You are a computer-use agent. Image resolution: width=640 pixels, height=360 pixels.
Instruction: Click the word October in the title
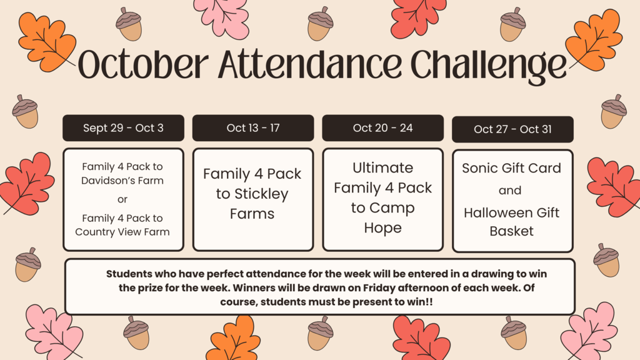point(143,64)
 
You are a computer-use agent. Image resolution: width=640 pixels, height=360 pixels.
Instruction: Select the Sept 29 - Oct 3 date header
point(123,127)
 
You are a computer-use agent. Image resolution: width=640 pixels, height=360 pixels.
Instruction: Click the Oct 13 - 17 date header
point(253,127)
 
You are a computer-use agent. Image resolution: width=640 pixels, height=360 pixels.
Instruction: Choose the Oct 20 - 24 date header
point(383,127)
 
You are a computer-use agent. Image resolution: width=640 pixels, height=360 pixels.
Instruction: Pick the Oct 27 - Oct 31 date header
point(512,129)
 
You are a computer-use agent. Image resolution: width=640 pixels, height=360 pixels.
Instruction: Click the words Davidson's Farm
point(122,181)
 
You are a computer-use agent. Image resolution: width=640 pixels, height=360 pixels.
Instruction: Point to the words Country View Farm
point(122,232)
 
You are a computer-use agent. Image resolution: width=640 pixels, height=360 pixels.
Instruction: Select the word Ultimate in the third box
point(383,167)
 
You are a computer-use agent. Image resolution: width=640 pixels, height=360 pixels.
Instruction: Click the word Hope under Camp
point(383,228)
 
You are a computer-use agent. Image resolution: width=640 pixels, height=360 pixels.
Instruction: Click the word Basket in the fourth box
point(511,231)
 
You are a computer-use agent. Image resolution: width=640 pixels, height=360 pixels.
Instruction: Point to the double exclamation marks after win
point(429,302)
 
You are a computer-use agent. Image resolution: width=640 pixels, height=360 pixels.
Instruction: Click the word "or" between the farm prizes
point(122,199)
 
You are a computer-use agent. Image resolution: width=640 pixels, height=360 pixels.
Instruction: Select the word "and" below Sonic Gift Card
point(510,190)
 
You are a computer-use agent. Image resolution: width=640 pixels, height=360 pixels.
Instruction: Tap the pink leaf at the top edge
point(222,17)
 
